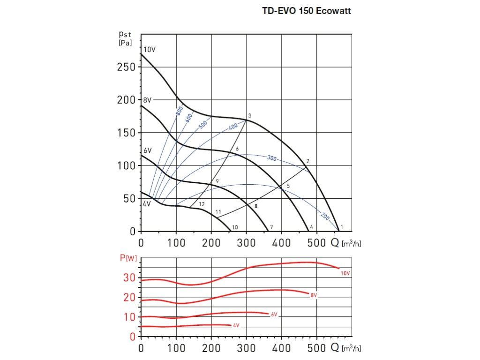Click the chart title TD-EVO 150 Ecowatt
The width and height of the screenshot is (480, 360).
click(x=306, y=11)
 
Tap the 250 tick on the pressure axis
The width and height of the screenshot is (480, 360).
click(x=126, y=67)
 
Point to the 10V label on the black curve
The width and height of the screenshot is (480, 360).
click(x=150, y=49)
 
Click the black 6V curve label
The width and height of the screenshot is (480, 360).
click(x=148, y=150)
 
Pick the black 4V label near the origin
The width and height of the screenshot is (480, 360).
click(x=147, y=204)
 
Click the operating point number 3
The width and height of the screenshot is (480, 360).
click(x=250, y=115)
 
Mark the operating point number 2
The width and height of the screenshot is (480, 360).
click(x=307, y=161)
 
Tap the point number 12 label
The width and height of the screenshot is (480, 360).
click(x=202, y=204)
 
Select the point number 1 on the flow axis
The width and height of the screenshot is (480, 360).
click(x=342, y=227)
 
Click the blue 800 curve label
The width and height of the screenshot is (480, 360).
click(x=180, y=111)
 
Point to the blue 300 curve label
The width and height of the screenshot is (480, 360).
click(x=271, y=158)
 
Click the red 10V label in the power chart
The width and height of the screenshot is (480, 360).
click(x=345, y=273)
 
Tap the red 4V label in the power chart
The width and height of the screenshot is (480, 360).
click(x=236, y=325)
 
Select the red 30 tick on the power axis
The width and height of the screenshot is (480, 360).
click(x=129, y=278)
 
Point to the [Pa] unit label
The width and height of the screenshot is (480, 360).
click(x=125, y=43)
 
